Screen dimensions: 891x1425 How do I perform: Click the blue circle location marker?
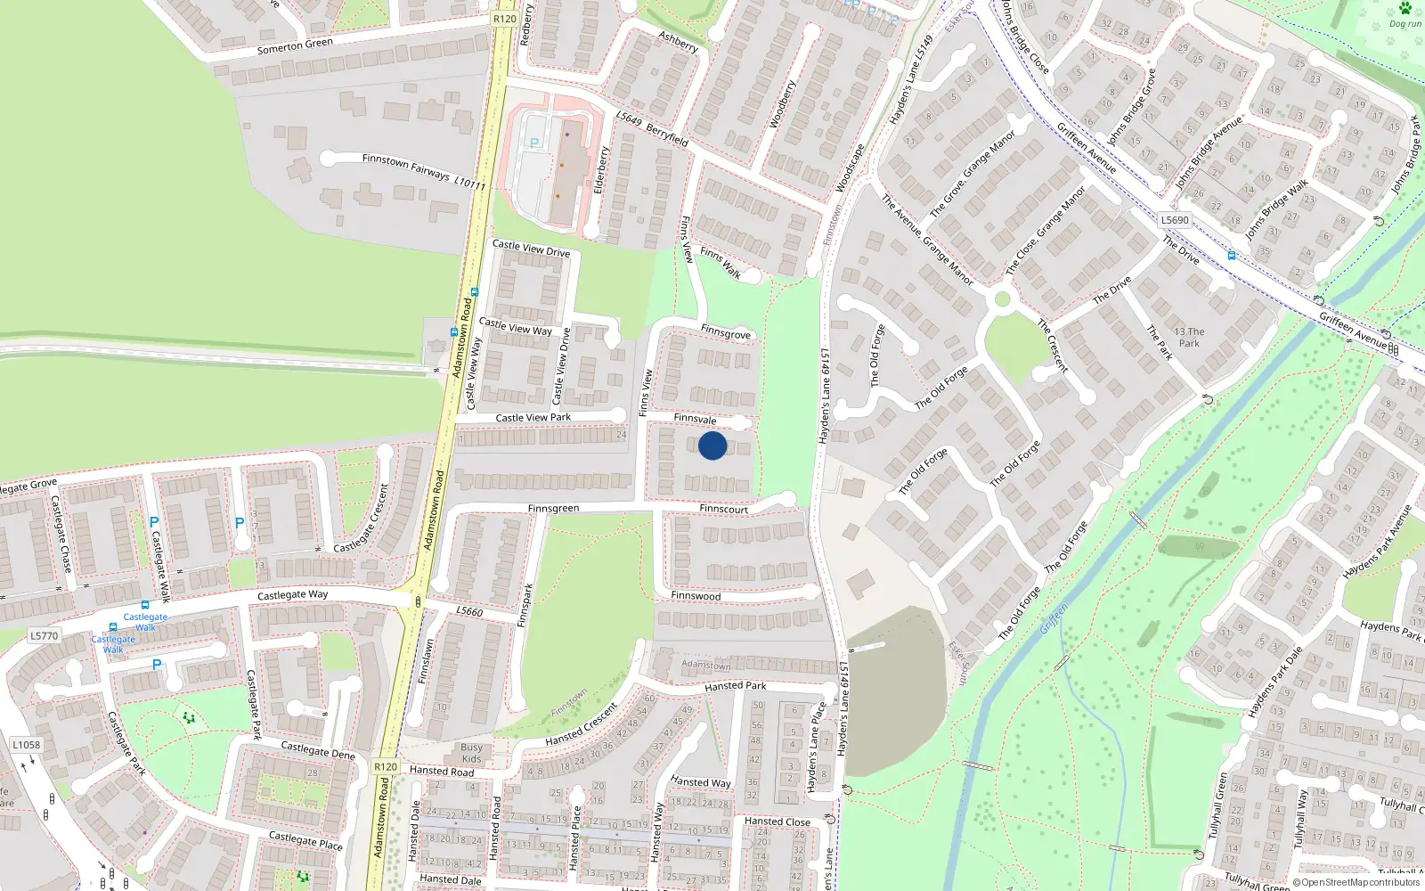click(712, 445)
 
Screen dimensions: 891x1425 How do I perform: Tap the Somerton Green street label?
click(295, 45)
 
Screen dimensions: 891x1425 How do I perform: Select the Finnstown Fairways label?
click(406, 167)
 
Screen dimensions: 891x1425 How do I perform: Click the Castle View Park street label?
click(533, 417)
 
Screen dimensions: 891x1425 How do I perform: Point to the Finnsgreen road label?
click(553, 508)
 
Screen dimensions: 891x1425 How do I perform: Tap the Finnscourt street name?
click(723, 509)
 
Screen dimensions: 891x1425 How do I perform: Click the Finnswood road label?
click(696, 595)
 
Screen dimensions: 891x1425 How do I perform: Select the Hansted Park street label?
click(735, 686)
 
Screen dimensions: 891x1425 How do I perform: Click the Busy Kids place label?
click(471, 753)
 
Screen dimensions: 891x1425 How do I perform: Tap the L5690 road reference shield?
click(1175, 220)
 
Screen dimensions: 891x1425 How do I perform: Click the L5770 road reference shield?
click(44, 635)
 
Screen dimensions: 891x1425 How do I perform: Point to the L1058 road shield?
click(26, 745)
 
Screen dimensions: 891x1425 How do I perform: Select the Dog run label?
click(1405, 24)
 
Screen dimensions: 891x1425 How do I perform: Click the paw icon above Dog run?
click(1405, 8)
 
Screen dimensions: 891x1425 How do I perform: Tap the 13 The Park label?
click(1189, 337)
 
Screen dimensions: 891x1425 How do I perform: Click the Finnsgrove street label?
click(725, 332)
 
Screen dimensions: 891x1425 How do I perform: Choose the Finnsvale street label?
click(695, 418)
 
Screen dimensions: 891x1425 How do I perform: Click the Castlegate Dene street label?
click(318, 750)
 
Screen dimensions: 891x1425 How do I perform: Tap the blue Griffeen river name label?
click(1053, 618)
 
